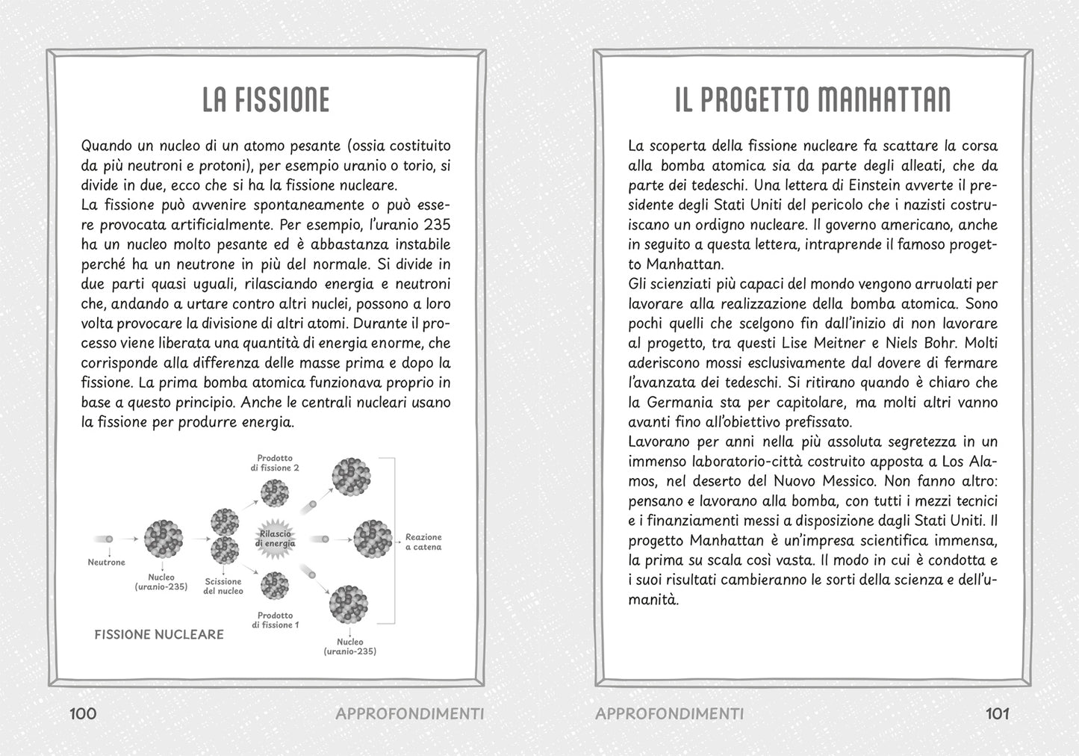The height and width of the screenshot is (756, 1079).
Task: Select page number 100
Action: [x=83, y=713]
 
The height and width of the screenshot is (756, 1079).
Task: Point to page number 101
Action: [x=998, y=713]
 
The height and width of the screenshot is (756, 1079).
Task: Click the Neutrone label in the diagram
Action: [x=107, y=563]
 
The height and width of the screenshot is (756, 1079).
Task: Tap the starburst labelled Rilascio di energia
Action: [x=277, y=539]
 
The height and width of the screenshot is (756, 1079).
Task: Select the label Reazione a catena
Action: [x=423, y=542]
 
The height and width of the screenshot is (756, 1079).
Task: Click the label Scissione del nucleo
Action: [x=223, y=586]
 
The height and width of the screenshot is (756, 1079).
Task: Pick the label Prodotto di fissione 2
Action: [x=275, y=462]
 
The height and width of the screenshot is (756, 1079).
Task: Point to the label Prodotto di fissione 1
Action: [x=275, y=620]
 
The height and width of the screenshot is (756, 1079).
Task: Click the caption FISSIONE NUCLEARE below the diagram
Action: [x=159, y=634]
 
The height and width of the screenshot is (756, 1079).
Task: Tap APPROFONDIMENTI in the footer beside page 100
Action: [x=410, y=713]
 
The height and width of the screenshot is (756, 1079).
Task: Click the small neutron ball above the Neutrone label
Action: [x=110, y=538]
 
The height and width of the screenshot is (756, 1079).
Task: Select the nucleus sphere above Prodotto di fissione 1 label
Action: [x=276, y=585]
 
